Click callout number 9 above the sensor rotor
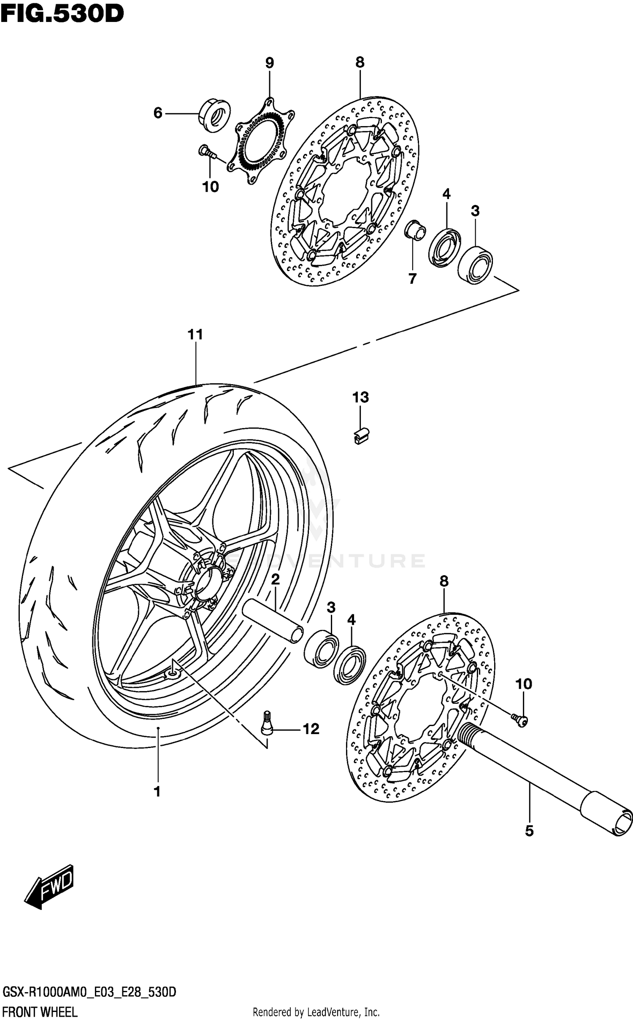(x=270, y=63)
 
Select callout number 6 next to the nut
(x=158, y=113)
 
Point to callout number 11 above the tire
(x=195, y=335)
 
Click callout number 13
(x=361, y=397)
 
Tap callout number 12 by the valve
(x=311, y=729)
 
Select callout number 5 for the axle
(x=530, y=831)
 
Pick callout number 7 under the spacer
(x=412, y=278)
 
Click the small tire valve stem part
(x=267, y=724)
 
